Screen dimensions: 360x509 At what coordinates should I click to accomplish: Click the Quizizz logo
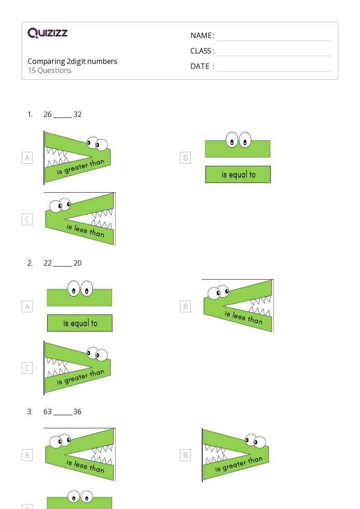(x=48, y=33)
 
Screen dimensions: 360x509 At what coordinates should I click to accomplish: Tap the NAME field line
(x=274, y=41)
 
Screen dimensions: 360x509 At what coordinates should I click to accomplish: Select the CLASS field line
(x=274, y=56)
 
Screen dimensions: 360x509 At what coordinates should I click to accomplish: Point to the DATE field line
(x=274, y=71)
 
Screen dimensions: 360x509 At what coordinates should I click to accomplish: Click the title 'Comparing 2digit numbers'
(x=73, y=61)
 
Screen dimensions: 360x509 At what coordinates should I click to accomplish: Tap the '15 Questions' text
(x=50, y=70)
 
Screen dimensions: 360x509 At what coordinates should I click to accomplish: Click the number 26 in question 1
(x=48, y=114)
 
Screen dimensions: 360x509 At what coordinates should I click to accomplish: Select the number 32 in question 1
(x=77, y=114)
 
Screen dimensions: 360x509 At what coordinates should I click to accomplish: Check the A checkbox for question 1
(x=27, y=158)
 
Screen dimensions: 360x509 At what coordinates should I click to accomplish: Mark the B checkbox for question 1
(x=185, y=158)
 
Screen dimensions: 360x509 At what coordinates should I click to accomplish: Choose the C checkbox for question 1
(x=27, y=219)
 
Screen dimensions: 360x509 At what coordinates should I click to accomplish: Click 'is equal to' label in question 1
(x=238, y=175)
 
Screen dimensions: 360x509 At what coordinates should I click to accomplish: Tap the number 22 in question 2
(x=48, y=263)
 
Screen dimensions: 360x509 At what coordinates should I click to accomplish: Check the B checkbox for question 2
(x=185, y=306)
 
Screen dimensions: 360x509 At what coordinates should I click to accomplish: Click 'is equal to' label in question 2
(x=80, y=323)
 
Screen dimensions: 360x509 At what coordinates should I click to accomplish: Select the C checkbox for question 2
(x=27, y=368)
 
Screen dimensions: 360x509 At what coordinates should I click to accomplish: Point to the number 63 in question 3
(x=48, y=412)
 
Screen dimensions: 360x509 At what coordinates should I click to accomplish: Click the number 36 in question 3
(x=77, y=412)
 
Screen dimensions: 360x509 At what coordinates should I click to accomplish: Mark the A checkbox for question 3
(x=27, y=455)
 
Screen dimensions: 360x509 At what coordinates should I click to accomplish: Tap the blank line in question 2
(x=63, y=266)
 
